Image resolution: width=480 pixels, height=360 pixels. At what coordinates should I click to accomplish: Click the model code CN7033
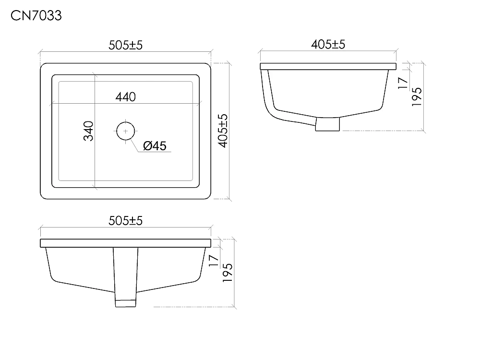[x=36, y=16]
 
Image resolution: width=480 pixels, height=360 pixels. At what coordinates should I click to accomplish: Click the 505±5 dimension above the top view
[x=125, y=45]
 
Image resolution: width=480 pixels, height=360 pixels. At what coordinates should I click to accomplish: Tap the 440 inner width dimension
[x=125, y=97]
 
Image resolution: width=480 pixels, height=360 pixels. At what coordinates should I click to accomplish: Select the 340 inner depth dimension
[x=88, y=131]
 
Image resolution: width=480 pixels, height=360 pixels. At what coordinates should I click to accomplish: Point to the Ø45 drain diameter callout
[x=155, y=146]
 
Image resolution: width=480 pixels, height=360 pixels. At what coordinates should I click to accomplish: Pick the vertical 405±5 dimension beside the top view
[x=223, y=131]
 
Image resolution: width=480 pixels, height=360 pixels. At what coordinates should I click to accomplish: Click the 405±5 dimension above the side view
[x=328, y=44]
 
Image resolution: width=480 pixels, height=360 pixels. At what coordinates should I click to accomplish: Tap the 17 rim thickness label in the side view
[x=403, y=83]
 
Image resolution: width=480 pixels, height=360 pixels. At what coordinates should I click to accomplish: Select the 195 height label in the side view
[x=417, y=97]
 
